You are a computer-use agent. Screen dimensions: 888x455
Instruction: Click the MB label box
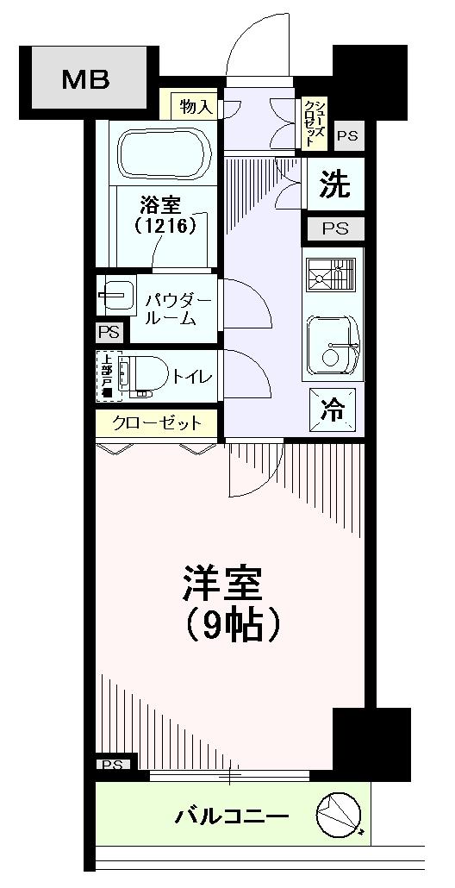tap(85, 81)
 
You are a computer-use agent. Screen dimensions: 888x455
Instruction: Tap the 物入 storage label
tap(196, 107)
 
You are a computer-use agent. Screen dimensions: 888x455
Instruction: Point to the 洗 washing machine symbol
tap(336, 185)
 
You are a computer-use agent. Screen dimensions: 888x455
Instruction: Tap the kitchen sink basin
tap(333, 343)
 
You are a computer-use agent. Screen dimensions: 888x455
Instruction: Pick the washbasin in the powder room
tap(115, 296)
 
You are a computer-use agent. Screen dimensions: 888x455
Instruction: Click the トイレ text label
tap(192, 377)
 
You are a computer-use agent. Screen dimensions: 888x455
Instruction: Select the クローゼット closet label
tap(158, 423)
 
